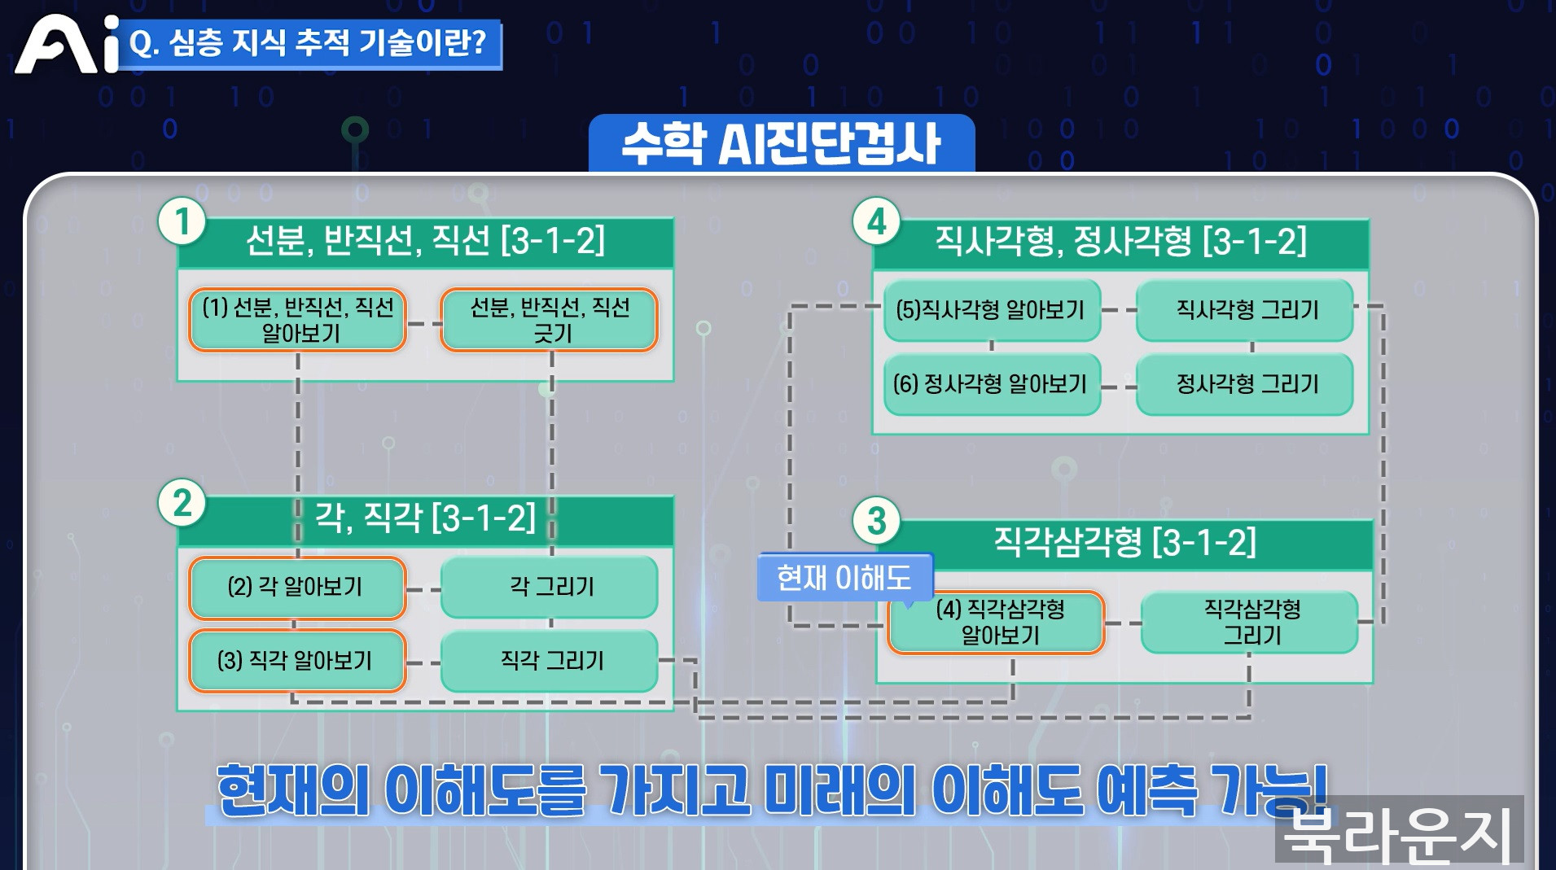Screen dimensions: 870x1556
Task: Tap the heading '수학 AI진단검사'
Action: pos(781,143)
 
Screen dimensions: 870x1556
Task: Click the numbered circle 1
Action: pos(182,222)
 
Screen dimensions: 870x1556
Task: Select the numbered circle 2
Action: pos(182,502)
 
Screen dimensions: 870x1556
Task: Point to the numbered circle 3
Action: pos(876,521)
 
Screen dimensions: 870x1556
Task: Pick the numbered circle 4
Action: pos(876,222)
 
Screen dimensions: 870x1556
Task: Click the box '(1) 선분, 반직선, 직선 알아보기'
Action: pos(298,320)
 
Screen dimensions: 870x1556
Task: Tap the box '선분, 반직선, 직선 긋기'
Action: pos(550,320)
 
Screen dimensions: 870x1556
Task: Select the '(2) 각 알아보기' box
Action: pos(297,587)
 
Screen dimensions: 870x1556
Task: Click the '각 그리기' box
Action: pos(550,587)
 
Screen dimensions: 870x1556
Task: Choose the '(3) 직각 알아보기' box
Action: pos(297,660)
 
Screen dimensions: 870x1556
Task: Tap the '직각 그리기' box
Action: pos(550,660)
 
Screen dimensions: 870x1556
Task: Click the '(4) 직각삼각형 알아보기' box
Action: pos(997,623)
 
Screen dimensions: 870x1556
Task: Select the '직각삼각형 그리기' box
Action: pos(1251,623)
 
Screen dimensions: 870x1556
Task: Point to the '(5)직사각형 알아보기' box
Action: pos(992,310)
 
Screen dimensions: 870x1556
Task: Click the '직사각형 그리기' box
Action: pos(1246,310)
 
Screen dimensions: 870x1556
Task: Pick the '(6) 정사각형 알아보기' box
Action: pos(992,384)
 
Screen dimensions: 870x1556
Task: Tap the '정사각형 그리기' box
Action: pos(1246,384)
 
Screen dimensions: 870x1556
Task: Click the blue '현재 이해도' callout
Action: pos(844,577)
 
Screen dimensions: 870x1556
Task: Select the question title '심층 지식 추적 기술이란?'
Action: pos(309,43)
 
